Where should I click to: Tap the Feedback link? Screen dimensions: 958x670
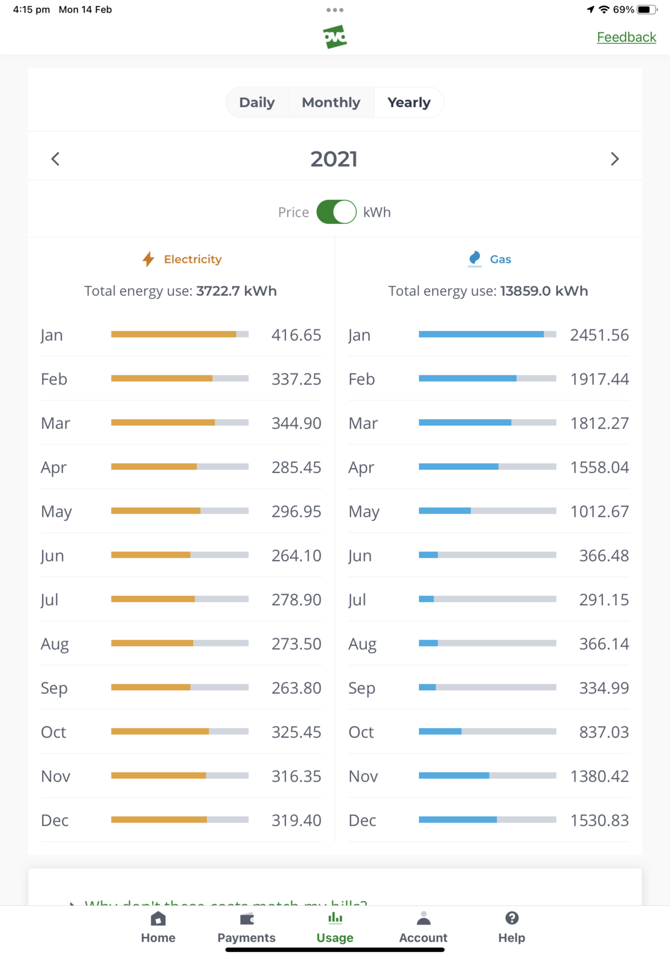point(626,37)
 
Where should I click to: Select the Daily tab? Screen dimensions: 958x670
point(256,102)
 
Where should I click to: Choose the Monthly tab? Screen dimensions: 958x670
point(331,102)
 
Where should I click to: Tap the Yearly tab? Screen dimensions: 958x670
point(409,102)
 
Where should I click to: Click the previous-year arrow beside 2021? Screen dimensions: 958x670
point(55,159)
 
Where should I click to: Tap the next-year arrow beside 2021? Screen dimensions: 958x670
point(614,159)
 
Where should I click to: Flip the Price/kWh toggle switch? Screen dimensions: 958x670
point(336,212)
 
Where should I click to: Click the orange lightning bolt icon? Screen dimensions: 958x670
point(148,259)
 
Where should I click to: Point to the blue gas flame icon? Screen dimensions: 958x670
point(475,259)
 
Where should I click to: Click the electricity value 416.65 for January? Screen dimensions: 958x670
point(296,335)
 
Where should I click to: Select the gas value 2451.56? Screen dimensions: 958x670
point(599,335)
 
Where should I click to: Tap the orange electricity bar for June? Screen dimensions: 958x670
point(151,555)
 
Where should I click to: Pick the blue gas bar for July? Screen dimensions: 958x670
point(426,599)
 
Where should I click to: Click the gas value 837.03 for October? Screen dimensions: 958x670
point(603,732)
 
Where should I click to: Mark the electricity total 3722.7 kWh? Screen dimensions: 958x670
point(236,291)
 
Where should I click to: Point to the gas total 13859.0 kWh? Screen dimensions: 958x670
point(544,291)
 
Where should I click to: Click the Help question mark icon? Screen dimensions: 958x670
point(512,918)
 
